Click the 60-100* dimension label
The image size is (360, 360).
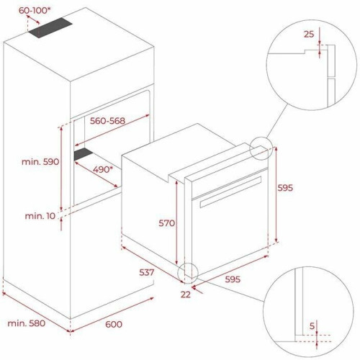[x=35, y=10]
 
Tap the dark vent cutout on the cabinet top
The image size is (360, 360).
[x=50, y=27]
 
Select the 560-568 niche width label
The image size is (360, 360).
[x=107, y=121]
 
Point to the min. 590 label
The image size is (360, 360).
[x=40, y=161]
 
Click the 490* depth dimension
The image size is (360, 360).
[x=103, y=169]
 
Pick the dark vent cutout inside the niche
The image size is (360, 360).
[x=83, y=154]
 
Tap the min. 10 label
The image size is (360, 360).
[x=40, y=216]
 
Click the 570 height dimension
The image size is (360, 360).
[x=166, y=223]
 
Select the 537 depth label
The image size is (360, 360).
[x=147, y=272]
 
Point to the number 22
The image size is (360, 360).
[x=186, y=294]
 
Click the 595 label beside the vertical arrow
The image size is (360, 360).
[x=285, y=188]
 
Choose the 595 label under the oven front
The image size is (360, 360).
[x=233, y=279]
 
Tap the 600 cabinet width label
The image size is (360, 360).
[x=114, y=324]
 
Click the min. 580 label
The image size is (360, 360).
[x=27, y=323]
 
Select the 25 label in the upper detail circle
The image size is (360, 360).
[x=309, y=35]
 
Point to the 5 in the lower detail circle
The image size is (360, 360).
[x=312, y=326]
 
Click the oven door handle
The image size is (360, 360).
[x=230, y=192]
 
